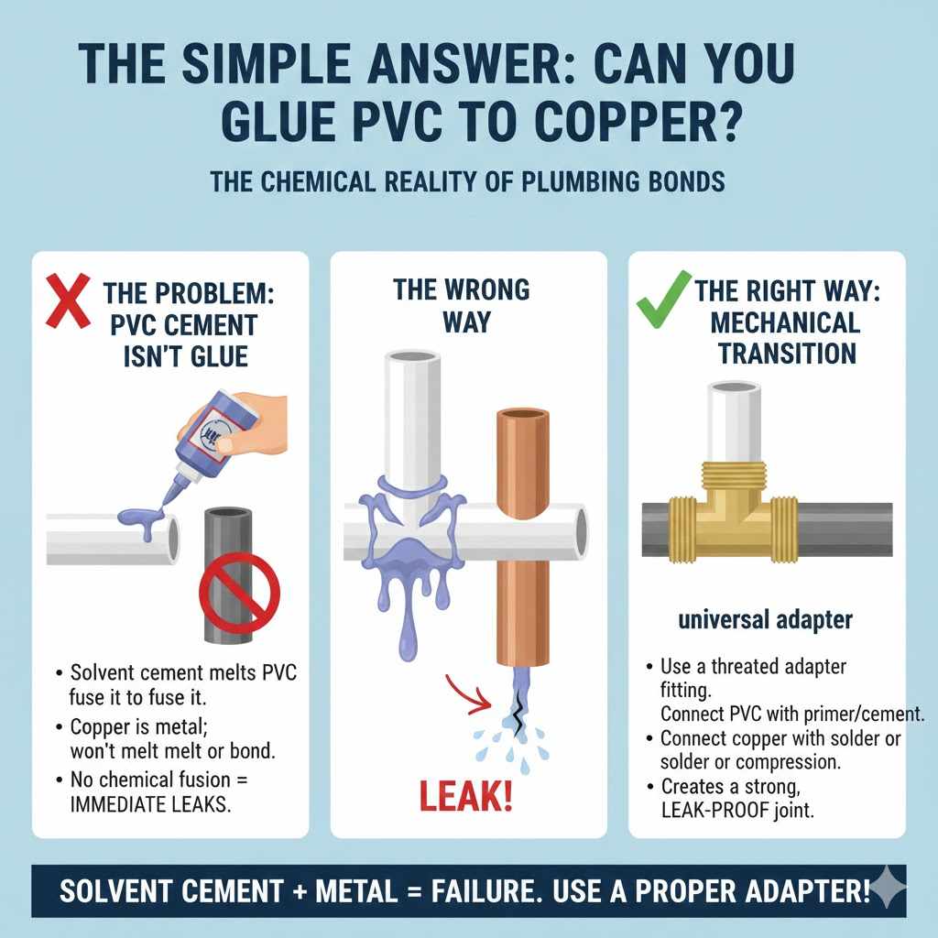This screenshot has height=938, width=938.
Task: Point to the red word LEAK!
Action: (x=466, y=797)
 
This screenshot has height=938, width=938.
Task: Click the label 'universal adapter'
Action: (x=766, y=620)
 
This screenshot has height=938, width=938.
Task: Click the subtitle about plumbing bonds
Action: (x=468, y=180)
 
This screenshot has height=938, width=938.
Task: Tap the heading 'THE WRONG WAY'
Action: (x=461, y=306)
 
